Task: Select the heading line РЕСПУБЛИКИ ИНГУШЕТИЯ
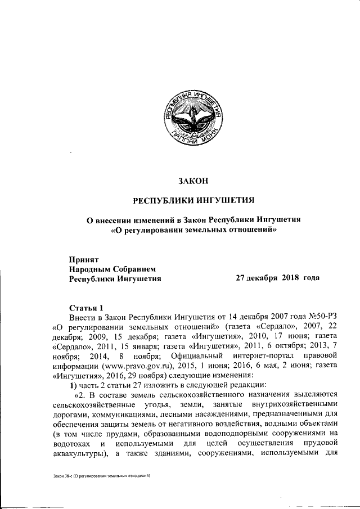(193, 200)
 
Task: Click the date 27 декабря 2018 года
(278, 278)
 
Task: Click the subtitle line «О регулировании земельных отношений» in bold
(193, 229)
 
